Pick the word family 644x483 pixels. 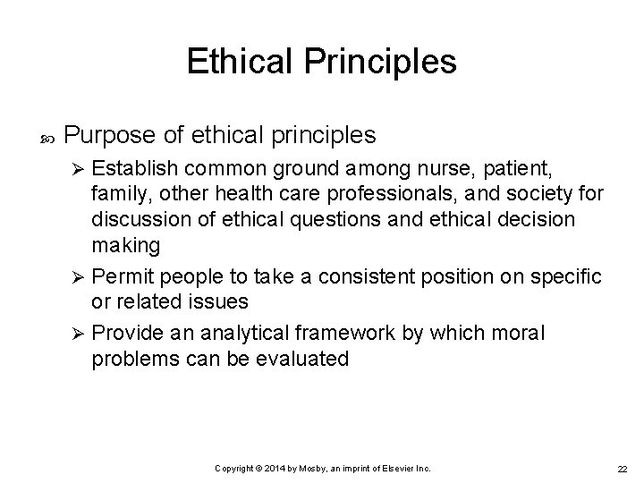[x=114, y=193]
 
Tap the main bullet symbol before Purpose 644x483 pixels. [x=47, y=137]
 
